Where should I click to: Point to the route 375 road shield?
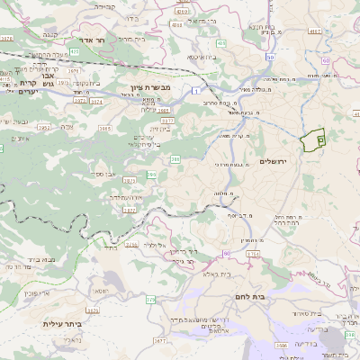(x=150, y=297)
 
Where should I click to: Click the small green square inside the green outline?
(x=320, y=139)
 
